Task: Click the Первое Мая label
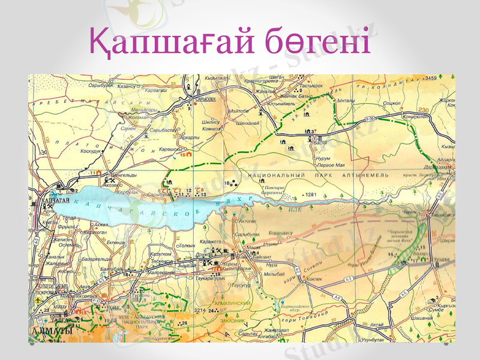(x=329, y=164)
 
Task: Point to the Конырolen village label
(x=415, y=117)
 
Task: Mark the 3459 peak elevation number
(x=430, y=79)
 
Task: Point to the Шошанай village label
(x=422, y=317)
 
